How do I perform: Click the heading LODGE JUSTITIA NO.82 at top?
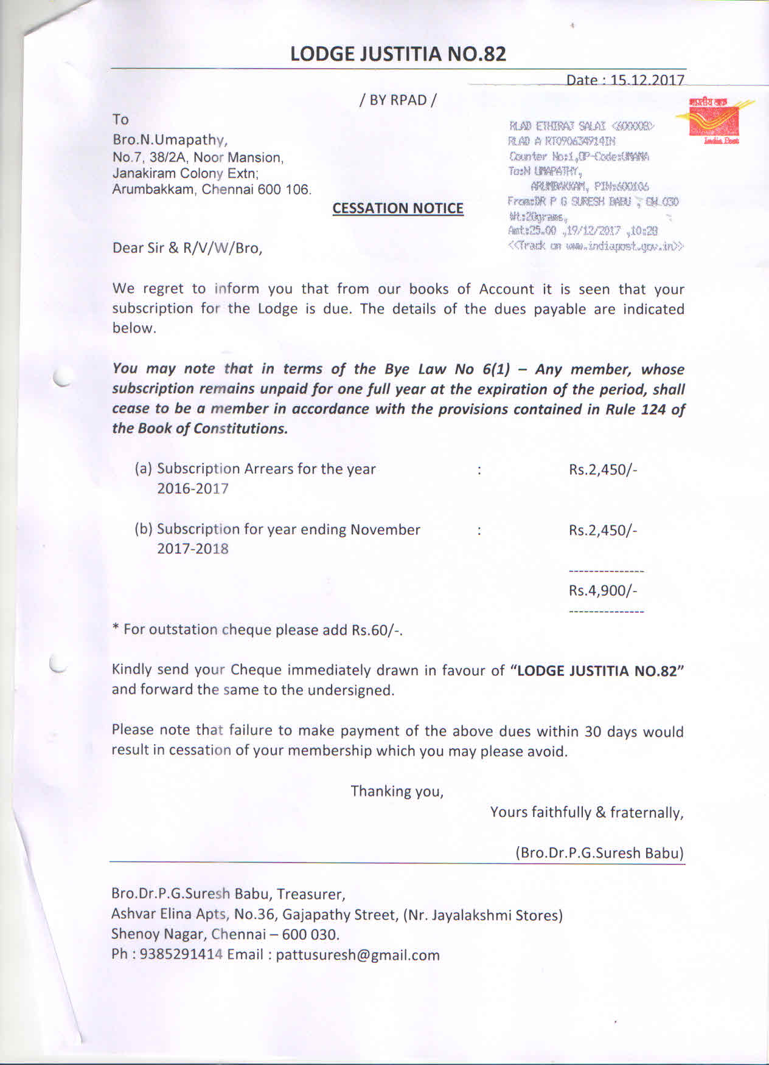coord(398,54)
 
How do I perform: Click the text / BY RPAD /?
coord(398,100)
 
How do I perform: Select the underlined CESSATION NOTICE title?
coord(398,209)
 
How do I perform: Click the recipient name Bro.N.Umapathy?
coord(170,140)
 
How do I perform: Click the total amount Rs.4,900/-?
coord(603,590)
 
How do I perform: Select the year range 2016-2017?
coord(193,489)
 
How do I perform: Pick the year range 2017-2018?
coord(193,549)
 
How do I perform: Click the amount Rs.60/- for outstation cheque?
coord(377,630)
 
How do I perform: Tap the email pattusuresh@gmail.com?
coord(358,955)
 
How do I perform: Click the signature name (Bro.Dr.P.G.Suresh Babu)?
coord(599,853)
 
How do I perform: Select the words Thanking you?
coord(397,791)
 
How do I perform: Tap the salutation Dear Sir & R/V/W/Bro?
coord(187,248)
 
